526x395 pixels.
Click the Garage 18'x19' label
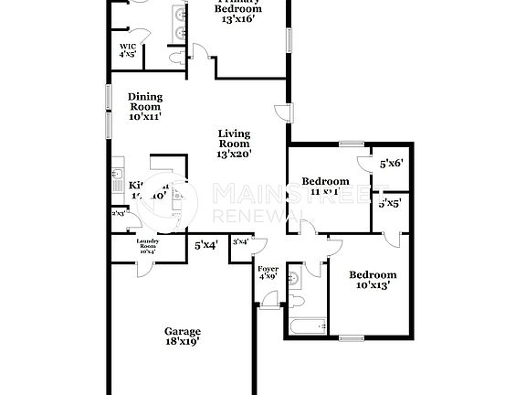click(183, 336)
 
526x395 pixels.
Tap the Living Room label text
click(234, 144)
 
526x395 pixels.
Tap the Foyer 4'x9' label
click(268, 272)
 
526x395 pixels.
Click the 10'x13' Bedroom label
click(373, 280)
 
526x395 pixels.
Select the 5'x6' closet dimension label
click(392, 164)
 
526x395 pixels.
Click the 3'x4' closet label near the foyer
click(241, 241)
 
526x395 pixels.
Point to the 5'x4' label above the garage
click(205, 245)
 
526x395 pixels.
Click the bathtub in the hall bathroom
click(307, 325)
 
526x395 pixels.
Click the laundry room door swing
click(143, 267)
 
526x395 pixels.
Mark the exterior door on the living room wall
click(283, 112)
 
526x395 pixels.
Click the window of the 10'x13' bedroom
click(352, 338)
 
